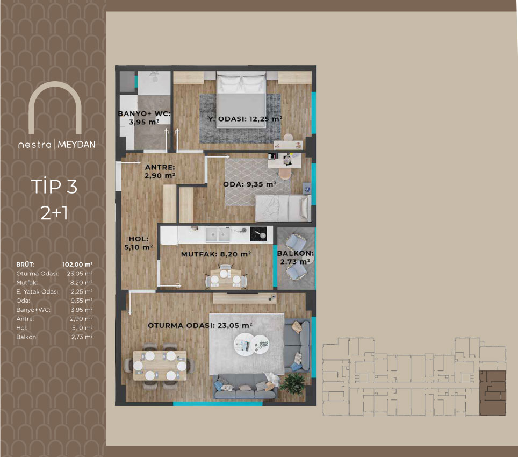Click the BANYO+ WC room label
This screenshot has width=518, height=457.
pyautogui.click(x=145, y=118)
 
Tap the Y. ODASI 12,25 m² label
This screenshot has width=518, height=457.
pyautogui.click(x=245, y=119)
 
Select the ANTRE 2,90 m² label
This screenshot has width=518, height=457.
pyautogui.click(x=160, y=171)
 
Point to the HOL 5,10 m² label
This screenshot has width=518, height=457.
pyautogui.click(x=139, y=243)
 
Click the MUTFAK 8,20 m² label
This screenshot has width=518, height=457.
pyautogui.click(x=216, y=254)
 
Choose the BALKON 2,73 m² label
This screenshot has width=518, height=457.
pyautogui.click(x=296, y=258)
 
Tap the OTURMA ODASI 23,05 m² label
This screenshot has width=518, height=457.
pyautogui.click(x=200, y=325)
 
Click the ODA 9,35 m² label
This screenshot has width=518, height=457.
pyautogui.click(x=250, y=184)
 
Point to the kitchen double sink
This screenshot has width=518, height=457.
pyautogui.click(x=218, y=235)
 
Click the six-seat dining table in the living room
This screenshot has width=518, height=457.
pyautogui.click(x=160, y=366)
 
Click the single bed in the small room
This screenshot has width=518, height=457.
pyautogui.click(x=283, y=208)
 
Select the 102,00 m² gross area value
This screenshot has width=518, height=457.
pyautogui.click(x=77, y=265)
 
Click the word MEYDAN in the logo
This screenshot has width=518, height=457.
pyautogui.click(x=76, y=145)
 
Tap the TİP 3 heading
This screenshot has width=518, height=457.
pyautogui.click(x=54, y=187)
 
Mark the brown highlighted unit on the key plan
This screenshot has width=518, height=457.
pyautogui.click(x=493, y=392)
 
